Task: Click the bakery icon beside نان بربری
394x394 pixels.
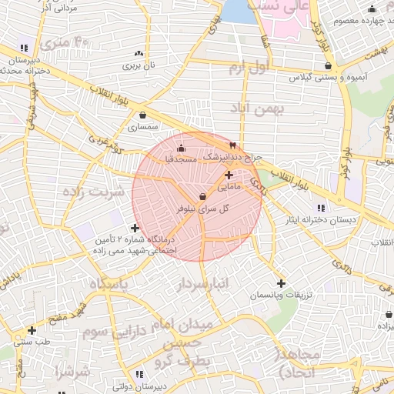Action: tap(139, 53)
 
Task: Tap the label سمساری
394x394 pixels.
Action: tap(143, 127)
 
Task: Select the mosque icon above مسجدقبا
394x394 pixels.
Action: tap(181, 148)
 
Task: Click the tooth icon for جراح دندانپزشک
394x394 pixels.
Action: tap(232, 145)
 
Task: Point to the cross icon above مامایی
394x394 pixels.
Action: tap(229, 175)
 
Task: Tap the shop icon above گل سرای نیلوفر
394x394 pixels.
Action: tap(202, 196)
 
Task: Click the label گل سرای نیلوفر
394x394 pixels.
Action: tap(202, 209)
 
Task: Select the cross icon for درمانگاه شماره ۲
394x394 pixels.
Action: tap(135, 228)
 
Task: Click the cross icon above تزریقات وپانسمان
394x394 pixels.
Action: tap(281, 284)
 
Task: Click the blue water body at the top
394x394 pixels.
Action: tap(239, 11)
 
